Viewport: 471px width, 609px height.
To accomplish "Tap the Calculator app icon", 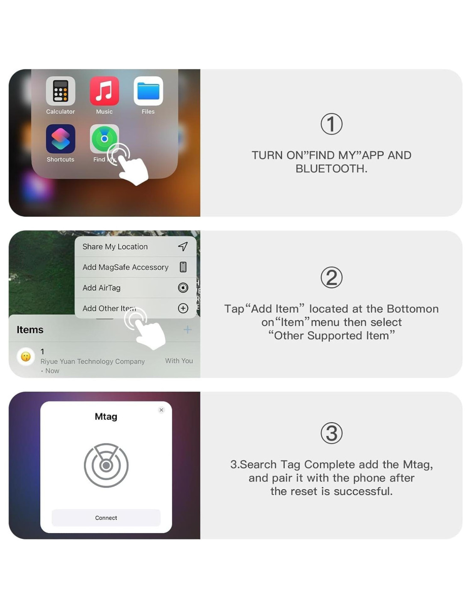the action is tap(60, 91).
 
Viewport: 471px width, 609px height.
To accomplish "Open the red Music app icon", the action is tap(104, 91).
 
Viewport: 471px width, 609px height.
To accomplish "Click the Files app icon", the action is tap(148, 91).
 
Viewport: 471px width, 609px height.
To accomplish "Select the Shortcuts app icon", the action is tap(60, 139).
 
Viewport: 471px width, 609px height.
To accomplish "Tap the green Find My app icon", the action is tap(104, 139).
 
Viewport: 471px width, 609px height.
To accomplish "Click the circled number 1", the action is tap(331, 124).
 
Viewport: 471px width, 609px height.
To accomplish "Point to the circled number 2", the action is tap(331, 277).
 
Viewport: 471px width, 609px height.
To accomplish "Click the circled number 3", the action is tap(331, 433).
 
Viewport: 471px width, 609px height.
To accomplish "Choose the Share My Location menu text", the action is tap(115, 247).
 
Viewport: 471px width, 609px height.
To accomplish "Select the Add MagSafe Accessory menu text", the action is tap(125, 267).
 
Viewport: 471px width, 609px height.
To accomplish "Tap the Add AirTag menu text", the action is tap(101, 288).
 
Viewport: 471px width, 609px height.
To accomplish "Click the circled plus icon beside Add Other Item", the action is tap(183, 308).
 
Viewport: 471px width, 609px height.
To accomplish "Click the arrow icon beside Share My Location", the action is tap(183, 247).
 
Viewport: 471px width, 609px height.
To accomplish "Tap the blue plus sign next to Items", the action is tap(188, 330).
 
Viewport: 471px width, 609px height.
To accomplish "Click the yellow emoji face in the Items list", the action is tap(26, 357).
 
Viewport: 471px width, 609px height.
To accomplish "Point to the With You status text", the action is tap(179, 361).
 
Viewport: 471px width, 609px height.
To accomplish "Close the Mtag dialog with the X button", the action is tap(161, 410).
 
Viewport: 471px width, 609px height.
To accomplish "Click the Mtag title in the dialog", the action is tap(106, 416).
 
